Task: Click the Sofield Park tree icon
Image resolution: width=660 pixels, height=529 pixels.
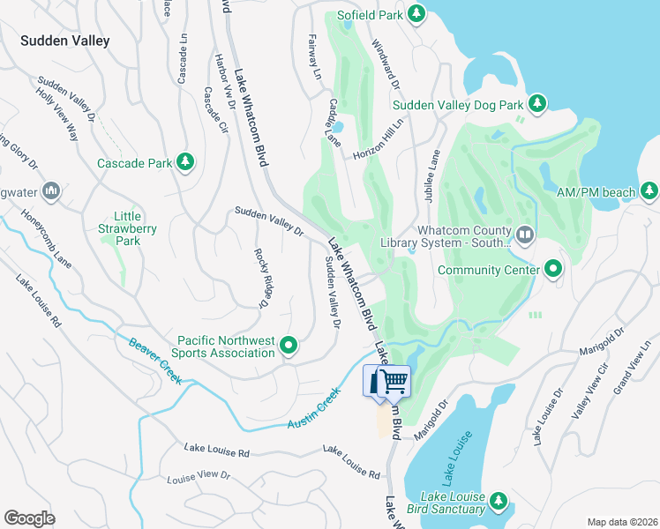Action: click(416, 14)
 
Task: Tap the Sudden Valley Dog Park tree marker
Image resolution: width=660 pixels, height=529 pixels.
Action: click(537, 105)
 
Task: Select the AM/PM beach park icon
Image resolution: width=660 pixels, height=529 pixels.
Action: click(649, 190)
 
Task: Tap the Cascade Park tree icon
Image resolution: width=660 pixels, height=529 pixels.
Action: click(184, 162)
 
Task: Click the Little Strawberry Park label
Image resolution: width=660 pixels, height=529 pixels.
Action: click(128, 228)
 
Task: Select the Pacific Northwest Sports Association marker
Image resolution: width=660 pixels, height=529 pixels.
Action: click(289, 346)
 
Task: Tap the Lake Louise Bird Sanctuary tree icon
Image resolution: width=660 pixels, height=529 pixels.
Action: click(499, 502)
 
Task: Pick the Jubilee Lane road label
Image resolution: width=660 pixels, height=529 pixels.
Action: click(432, 176)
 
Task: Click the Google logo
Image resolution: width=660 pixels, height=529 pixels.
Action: click(29, 518)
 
